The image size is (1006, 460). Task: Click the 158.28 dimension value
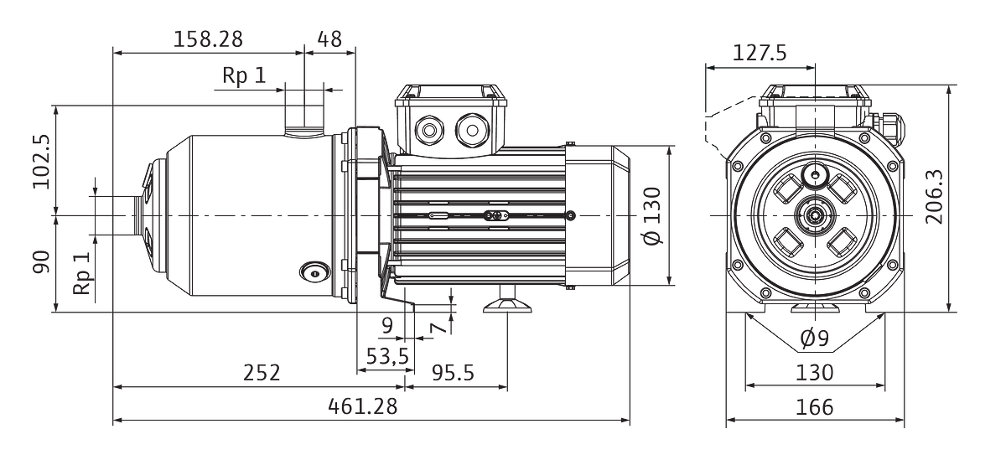pos(208,39)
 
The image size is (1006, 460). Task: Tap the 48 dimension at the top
pos(329,39)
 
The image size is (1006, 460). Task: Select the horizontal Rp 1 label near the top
pos(244,75)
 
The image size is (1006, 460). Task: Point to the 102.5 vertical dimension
pos(41,162)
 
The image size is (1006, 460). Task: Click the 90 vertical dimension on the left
pos(41,262)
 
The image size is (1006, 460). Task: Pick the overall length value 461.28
pos(363,406)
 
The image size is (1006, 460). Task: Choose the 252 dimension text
pos(262,373)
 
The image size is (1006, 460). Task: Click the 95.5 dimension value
pos(453,373)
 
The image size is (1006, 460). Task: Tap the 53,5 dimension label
pos(387,356)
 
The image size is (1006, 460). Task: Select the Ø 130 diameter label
pos(653,216)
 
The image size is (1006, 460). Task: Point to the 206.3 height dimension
pos(935,197)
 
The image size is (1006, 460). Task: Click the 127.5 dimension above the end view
pos(760,53)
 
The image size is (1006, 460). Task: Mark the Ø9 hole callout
pos(814,338)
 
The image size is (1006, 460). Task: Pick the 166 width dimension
pos(815,407)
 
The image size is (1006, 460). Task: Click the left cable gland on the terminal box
pos(429,131)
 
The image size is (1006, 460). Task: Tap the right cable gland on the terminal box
pos(472,131)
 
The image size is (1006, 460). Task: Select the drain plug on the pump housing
pos(315,272)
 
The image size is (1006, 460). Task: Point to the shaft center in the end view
pos(814,216)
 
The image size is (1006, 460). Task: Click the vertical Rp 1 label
pos(82,273)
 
